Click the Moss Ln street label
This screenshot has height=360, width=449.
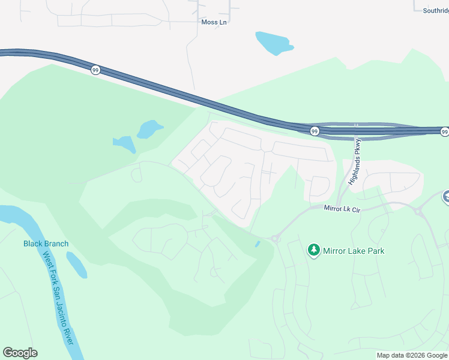point(215,22)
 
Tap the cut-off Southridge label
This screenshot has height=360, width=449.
point(432,10)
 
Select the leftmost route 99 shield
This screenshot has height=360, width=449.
point(95,70)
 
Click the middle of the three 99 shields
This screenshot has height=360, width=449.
point(315,131)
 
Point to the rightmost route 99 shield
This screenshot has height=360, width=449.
point(444,131)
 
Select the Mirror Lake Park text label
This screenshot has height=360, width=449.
point(354,251)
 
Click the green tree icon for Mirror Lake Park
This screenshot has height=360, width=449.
point(313,250)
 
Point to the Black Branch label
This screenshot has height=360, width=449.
point(46,244)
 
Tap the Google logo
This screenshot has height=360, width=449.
point(20,353)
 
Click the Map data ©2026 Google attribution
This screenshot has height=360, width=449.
point(412,355)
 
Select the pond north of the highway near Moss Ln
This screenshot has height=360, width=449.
point(274,43)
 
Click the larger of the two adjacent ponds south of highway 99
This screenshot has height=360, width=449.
point(149,129)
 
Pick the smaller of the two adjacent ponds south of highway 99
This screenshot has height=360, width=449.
point(124,144)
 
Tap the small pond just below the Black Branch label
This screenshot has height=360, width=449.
point(76,265)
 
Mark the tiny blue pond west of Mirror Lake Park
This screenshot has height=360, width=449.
point(257,244)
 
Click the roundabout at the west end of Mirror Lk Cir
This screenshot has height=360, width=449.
point(276,238)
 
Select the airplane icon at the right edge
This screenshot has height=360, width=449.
point(445,196)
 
